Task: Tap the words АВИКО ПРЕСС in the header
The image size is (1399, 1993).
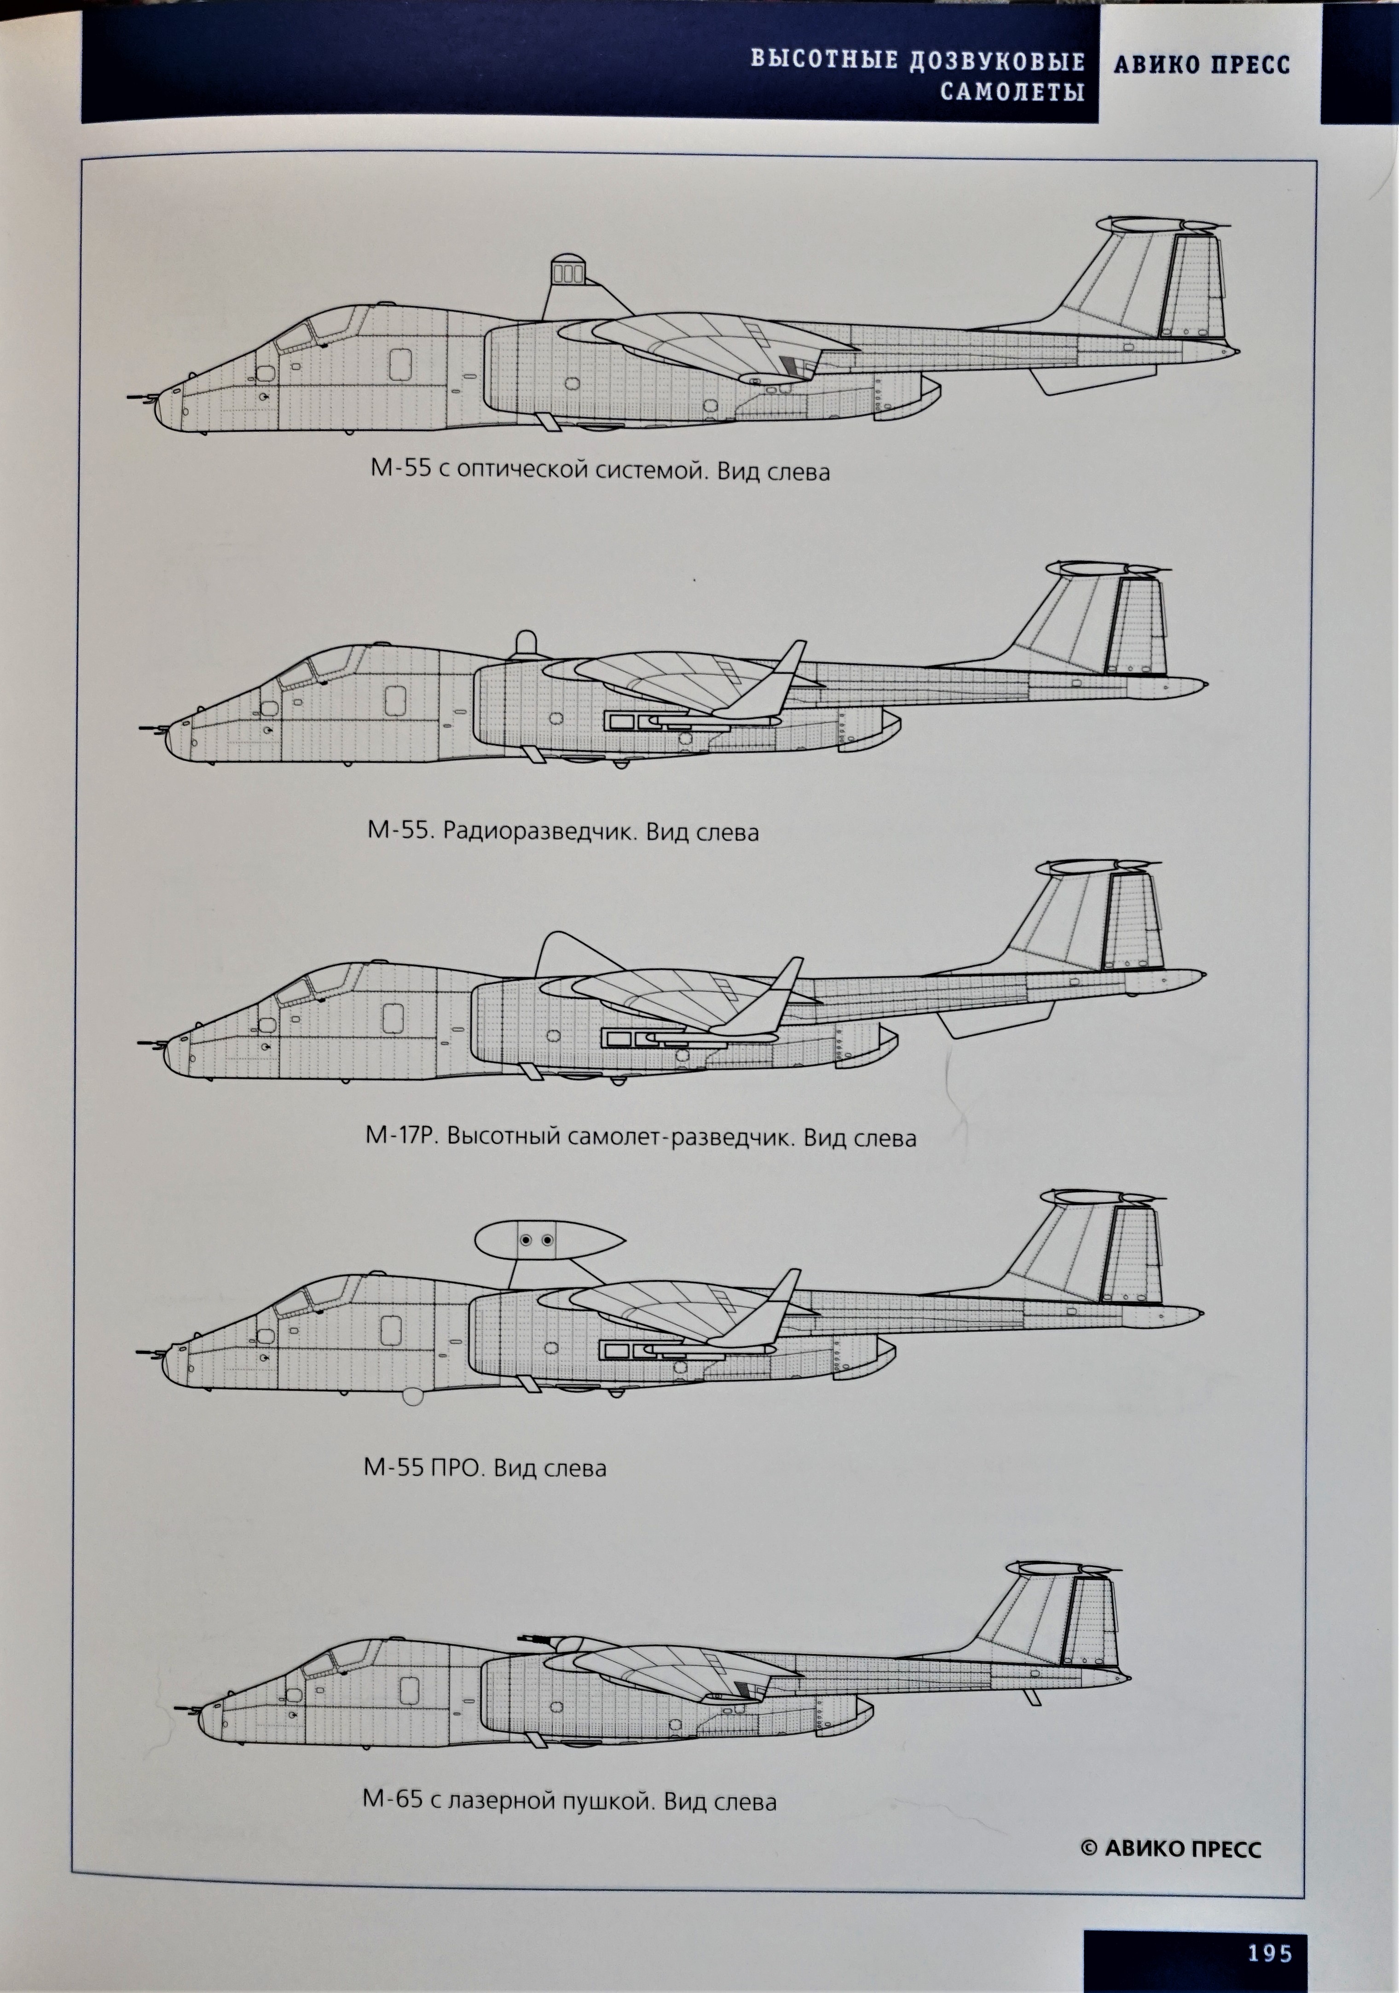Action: (1201, 64)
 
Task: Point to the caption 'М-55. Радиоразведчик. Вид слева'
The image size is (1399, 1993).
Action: (562, 832)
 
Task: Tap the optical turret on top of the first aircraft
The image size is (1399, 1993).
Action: (568, 272)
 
